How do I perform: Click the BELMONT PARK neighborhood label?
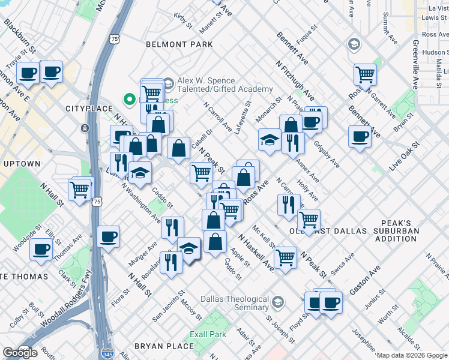point(179,44)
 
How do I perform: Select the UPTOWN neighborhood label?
point(22,164)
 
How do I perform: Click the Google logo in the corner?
point(20,353)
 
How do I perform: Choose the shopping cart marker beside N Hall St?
point(80,189)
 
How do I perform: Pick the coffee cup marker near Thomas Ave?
point(41,248)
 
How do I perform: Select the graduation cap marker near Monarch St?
point(269,139)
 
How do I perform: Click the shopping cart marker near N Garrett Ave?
point(364,74)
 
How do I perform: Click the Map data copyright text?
point(412,355)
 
